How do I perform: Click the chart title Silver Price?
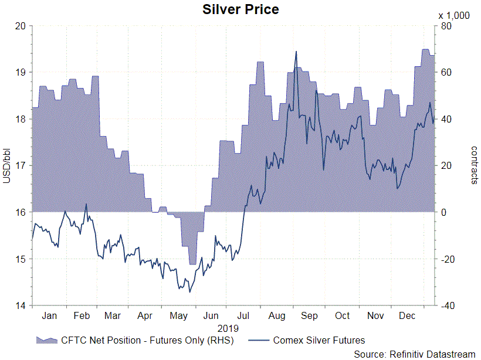tap(240, 9)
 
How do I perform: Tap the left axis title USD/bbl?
tap(7, 166)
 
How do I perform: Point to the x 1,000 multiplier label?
tap(454, 15)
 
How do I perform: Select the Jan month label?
tap(49, 315)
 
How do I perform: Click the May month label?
tap(179, 315)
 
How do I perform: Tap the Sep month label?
tap(309, 315)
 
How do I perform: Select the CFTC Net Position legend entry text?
tap(147, 340)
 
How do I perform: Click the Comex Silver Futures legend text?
tap(319, 340)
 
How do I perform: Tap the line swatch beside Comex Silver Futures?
tap(259, 340)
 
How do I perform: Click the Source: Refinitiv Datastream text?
tap(414, 354)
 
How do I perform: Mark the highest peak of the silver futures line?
tap(296, 51)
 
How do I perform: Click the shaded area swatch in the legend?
tap(47, 340)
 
